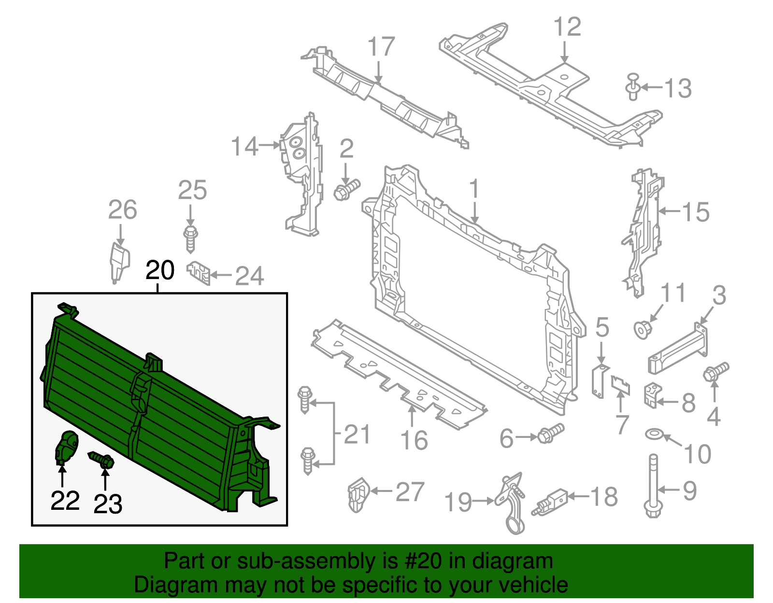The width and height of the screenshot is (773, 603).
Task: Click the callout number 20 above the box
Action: (160, 270)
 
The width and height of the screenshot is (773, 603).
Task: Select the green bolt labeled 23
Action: (102, 460)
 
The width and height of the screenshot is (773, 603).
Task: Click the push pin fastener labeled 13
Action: (633, 87)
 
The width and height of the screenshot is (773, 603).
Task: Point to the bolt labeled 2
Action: (346, 190)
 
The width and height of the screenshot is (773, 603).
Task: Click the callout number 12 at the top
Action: (567, 27)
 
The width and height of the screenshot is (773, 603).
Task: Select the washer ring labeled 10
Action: (654, 434)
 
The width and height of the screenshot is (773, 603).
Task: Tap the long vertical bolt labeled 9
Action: (653, 485)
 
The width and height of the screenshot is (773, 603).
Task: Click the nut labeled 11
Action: (643, 329)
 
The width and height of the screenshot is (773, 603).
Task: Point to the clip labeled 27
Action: (358, 494)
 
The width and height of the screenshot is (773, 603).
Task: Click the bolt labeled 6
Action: (550, 433)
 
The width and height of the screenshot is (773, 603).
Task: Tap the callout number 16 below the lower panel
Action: (414, 440)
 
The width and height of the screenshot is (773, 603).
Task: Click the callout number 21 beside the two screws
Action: (357, 434)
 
